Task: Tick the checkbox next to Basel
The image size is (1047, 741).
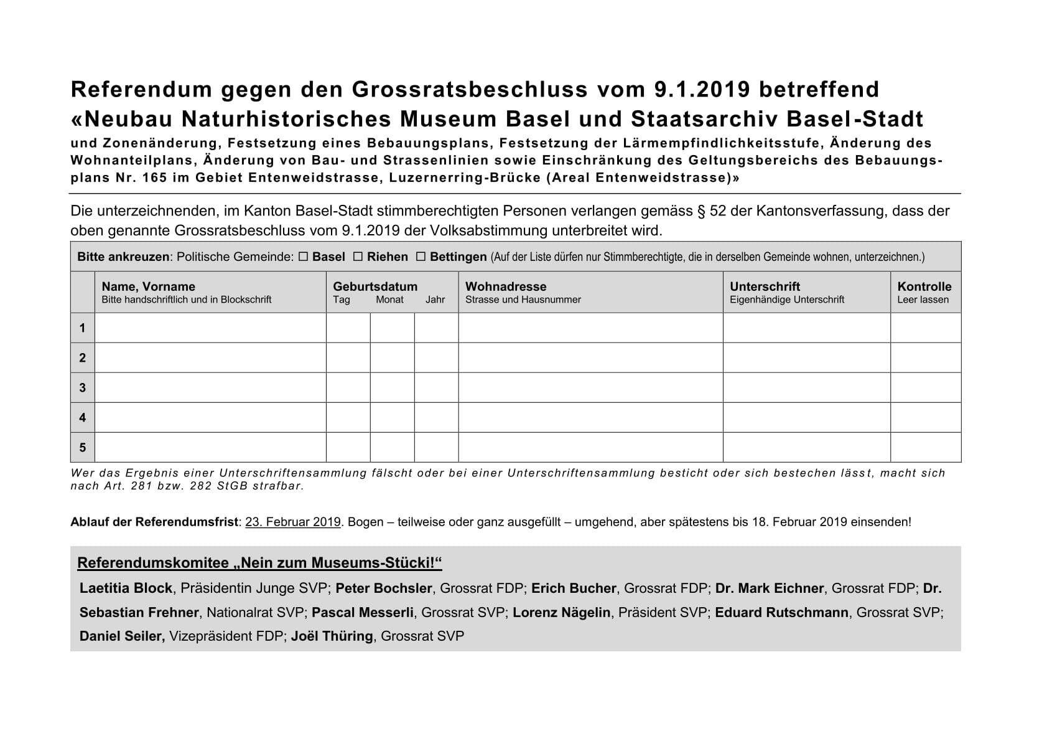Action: tap(304, 257)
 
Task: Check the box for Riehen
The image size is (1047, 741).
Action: tap(358, 257)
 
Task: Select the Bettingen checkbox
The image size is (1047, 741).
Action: tap(421, 257)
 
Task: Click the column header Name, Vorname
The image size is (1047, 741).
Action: tap(148, 286)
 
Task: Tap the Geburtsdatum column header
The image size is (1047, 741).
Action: tap(375, 286)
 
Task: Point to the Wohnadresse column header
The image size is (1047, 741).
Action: tap(505, 286)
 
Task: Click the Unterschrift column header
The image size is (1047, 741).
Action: tap(765, 286)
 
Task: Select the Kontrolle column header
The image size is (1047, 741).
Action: tap(924, 286)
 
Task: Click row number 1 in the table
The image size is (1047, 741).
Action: tap(82, 328)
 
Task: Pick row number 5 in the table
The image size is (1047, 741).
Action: tap(82, 447)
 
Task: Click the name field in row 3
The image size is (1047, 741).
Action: tap(210, 387)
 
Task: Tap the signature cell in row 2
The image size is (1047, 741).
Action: tap(806, 357)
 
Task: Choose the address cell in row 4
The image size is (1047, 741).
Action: tap(590, 417)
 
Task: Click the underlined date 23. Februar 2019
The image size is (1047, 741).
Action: tap(293, 522)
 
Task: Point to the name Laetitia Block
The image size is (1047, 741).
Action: tap(126, 588)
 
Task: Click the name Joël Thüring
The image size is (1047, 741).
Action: tap(332, 636)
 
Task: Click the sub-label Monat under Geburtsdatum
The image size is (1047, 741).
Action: tap(389, 300)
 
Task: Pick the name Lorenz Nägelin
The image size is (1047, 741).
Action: tap(561, 613)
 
